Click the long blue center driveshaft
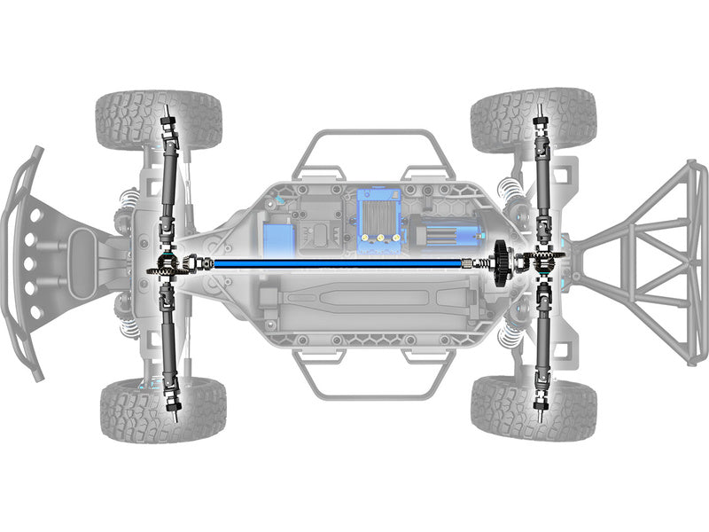(x=337, y=262)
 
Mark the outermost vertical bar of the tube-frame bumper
(x=700, y=263)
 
